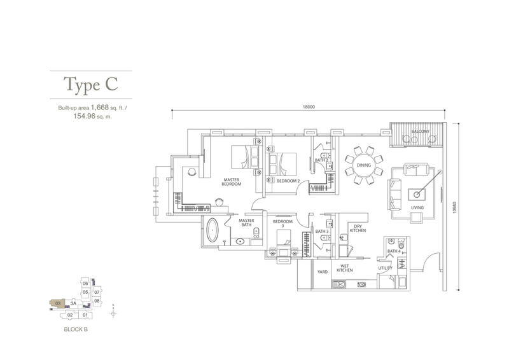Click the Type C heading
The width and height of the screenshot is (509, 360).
[90, 85]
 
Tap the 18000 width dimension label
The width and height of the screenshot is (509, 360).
[309, 107]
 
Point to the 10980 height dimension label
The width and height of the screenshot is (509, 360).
[455, 207]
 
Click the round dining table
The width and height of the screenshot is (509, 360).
[363, 165]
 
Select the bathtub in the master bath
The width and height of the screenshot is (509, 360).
[213, 230]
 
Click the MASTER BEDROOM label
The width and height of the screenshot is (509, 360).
[232, 182]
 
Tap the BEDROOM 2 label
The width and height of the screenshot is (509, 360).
[288, 181]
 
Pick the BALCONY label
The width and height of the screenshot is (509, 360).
[420, 132]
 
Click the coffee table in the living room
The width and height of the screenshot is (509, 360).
[417, 194]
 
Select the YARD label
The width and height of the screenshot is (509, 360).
[323, 272]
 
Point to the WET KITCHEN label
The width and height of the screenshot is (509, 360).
[344, 268]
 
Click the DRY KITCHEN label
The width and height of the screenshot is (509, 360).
[358, 228]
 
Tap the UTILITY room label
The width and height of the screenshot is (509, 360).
[386, 268]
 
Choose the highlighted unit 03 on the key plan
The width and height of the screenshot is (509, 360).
[57, 303]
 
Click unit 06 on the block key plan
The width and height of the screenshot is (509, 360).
[85, 284]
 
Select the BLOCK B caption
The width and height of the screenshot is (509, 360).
[76, 329]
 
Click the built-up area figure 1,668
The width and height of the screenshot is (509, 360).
[100, 107]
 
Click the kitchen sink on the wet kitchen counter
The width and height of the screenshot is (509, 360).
[340, 285]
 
